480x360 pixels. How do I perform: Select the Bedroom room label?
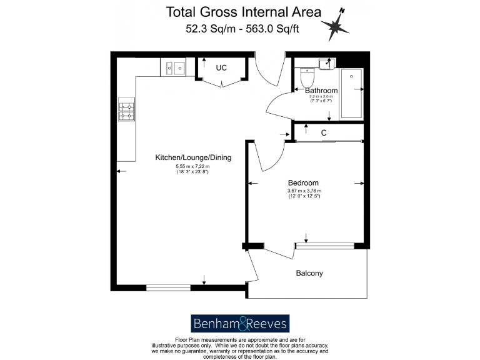[304, 183]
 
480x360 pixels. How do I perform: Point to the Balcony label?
[309, 274]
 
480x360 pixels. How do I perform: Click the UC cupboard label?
[221, 68]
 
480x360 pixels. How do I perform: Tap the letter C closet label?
[324, 133]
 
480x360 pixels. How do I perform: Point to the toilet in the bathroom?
[307, 78]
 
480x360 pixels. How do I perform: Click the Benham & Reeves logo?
[239, 323]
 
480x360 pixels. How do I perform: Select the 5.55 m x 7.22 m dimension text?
[192, 167]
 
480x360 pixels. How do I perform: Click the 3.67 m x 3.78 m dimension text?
[304, 191]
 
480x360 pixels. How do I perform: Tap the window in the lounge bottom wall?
[168, 287]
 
